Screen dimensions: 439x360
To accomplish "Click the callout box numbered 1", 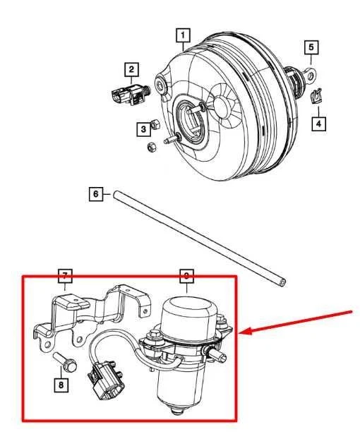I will click(x=183, y=35).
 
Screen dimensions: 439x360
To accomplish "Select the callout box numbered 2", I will click(x=131, y=68).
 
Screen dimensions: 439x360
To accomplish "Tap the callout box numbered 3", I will click(x=143, y=128).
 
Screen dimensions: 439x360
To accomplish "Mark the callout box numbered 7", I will click(x=64, y=275).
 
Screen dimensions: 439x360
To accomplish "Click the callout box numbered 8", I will click(x=61, y=385).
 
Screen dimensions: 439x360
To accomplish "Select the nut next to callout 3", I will click(x=158, y=125).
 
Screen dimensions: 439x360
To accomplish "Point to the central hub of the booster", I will click(x=193, y=116).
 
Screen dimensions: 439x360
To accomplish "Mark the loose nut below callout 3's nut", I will click(x=150, y=147).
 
